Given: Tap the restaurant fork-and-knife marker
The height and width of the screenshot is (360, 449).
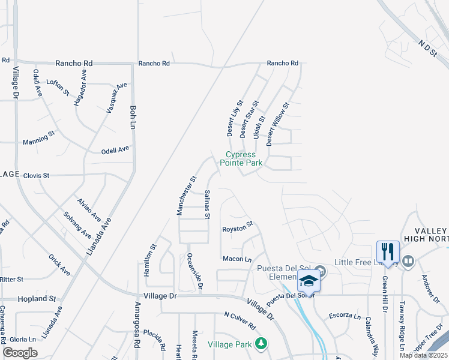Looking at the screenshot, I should click(387, 251).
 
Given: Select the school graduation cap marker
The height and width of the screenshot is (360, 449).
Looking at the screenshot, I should click(309, 280).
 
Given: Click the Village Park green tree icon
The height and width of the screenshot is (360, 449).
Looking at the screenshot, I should click(261, 344).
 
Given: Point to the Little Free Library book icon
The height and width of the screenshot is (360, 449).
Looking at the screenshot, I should click(408, 261).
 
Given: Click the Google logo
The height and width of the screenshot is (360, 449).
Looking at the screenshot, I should click(20, 353).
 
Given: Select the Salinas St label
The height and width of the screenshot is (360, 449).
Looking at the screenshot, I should click(207, 204).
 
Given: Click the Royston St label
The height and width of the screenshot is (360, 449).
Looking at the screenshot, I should click(238, 229).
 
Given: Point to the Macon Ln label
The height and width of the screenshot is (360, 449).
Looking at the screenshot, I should click(237, 259).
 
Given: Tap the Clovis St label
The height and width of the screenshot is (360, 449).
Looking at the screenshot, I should click(35, 176).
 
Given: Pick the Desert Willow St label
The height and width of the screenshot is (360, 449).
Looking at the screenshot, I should click(277, 124).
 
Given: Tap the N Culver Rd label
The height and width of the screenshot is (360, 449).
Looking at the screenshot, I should click(240, 322).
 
